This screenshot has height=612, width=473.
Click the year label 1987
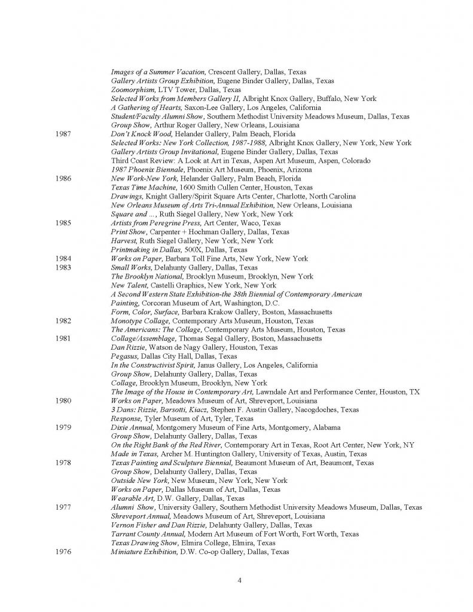[x=63, y=134]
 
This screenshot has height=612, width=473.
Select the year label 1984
[x=63, y=259]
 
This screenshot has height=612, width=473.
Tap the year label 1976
[x=63, y=552]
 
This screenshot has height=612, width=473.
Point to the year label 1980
[x=63, y=400]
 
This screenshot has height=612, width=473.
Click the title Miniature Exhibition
[x=144, y=552]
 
